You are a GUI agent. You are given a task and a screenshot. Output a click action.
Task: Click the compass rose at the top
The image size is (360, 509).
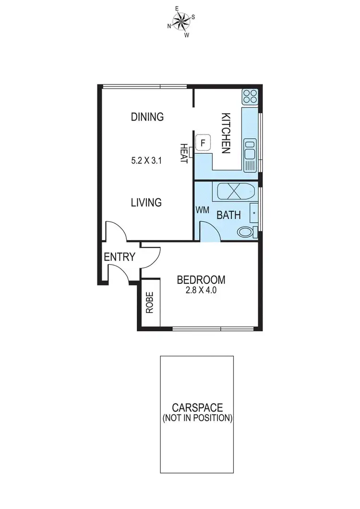pos(181,22)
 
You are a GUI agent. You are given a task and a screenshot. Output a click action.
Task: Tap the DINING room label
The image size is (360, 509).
pos(147,117)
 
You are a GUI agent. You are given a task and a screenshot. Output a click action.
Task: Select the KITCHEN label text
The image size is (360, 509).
pos(226,133)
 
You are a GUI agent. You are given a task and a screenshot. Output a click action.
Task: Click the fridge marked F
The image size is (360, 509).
pos(203,143)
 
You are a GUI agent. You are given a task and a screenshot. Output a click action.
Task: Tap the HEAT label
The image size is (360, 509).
pos(183,153)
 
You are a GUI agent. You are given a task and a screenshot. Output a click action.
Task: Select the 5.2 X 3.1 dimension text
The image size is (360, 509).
pos(147,161)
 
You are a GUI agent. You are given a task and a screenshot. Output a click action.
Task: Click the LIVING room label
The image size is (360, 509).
pos(146,203)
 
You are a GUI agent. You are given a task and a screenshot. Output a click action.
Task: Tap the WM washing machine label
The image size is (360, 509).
pos(202,210)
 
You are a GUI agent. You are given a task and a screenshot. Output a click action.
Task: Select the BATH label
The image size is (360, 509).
pos(228,215)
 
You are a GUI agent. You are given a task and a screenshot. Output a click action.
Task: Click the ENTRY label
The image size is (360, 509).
pos(120,257)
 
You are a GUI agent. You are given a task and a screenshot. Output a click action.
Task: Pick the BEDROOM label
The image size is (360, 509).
pos(201,280)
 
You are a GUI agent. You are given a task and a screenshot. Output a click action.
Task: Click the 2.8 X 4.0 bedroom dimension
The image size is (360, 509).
pos(201,290)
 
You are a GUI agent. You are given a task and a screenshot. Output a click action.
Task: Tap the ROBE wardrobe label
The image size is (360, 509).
pos(150,303)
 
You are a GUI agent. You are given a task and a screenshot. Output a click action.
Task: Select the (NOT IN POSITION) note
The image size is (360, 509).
pos(197,418)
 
